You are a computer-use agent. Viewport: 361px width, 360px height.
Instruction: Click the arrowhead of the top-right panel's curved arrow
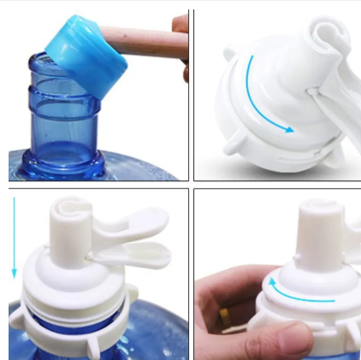click(289, 130)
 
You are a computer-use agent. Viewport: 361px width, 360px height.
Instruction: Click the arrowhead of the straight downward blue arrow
click(15, 275)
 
